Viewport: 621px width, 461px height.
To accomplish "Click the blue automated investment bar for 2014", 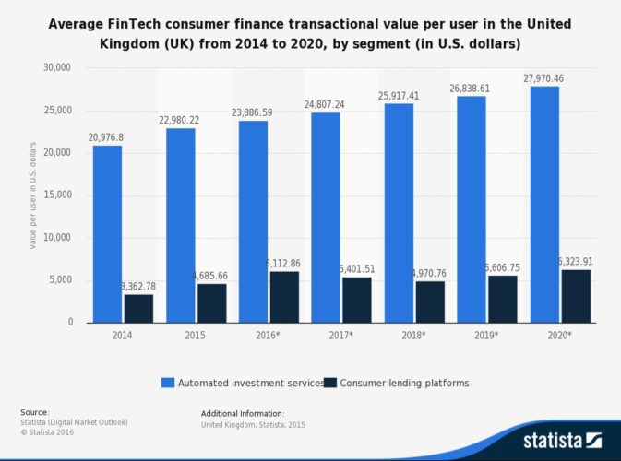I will tap(107, 234).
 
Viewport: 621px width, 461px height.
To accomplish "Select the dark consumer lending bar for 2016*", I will tap(284, 297).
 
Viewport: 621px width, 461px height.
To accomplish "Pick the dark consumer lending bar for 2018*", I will tap(430, 301).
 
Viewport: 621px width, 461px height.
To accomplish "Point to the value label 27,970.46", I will tap(544, 79).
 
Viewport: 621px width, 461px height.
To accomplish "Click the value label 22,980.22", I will tap(181, 121).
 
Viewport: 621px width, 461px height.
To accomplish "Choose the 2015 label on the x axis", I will tap(196, 336).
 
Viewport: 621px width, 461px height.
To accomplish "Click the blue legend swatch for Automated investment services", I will tap(168, 382).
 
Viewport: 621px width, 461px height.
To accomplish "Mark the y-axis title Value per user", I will tap(34, 195).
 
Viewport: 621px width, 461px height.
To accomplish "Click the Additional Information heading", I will tap(243, 413).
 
